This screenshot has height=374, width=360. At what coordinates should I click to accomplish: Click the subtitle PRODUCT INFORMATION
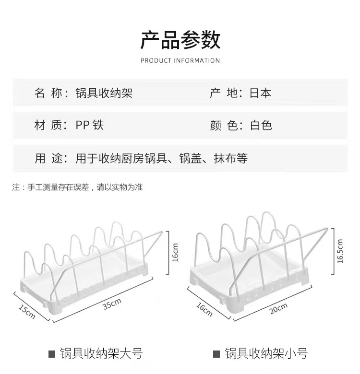coord(180,60)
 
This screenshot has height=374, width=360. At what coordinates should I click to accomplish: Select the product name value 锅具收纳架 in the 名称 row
coord(104,93)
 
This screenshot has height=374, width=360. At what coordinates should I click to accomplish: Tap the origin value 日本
coord(260,93)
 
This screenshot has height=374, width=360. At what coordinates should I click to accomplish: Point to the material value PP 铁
coord(89,126)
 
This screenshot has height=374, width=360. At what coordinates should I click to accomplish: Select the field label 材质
coord(49,126)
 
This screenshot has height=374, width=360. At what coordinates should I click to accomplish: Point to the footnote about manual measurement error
coord(77,187)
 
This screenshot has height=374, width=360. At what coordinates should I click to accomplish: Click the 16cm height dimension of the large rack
coord(176,252)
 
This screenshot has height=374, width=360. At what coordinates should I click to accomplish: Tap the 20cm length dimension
coord(278,309)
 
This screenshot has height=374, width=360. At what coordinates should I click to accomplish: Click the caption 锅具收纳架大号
coord(101,354)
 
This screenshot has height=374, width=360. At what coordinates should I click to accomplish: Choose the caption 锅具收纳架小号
coord(265,354)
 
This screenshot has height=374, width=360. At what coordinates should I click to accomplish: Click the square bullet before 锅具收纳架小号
coord(216,355)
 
